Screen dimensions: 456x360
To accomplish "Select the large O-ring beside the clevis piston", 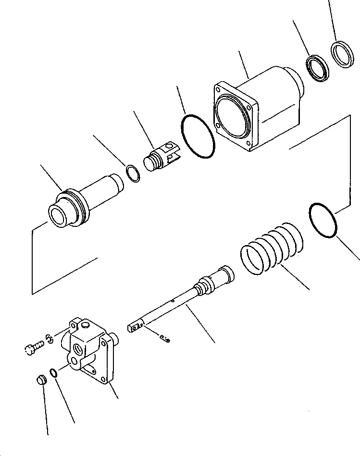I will coord(198,136).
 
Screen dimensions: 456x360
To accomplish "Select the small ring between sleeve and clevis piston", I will coord(134,173).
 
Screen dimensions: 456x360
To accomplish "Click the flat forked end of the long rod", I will coord(136,327).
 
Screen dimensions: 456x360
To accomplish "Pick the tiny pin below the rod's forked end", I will coord(166,340).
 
